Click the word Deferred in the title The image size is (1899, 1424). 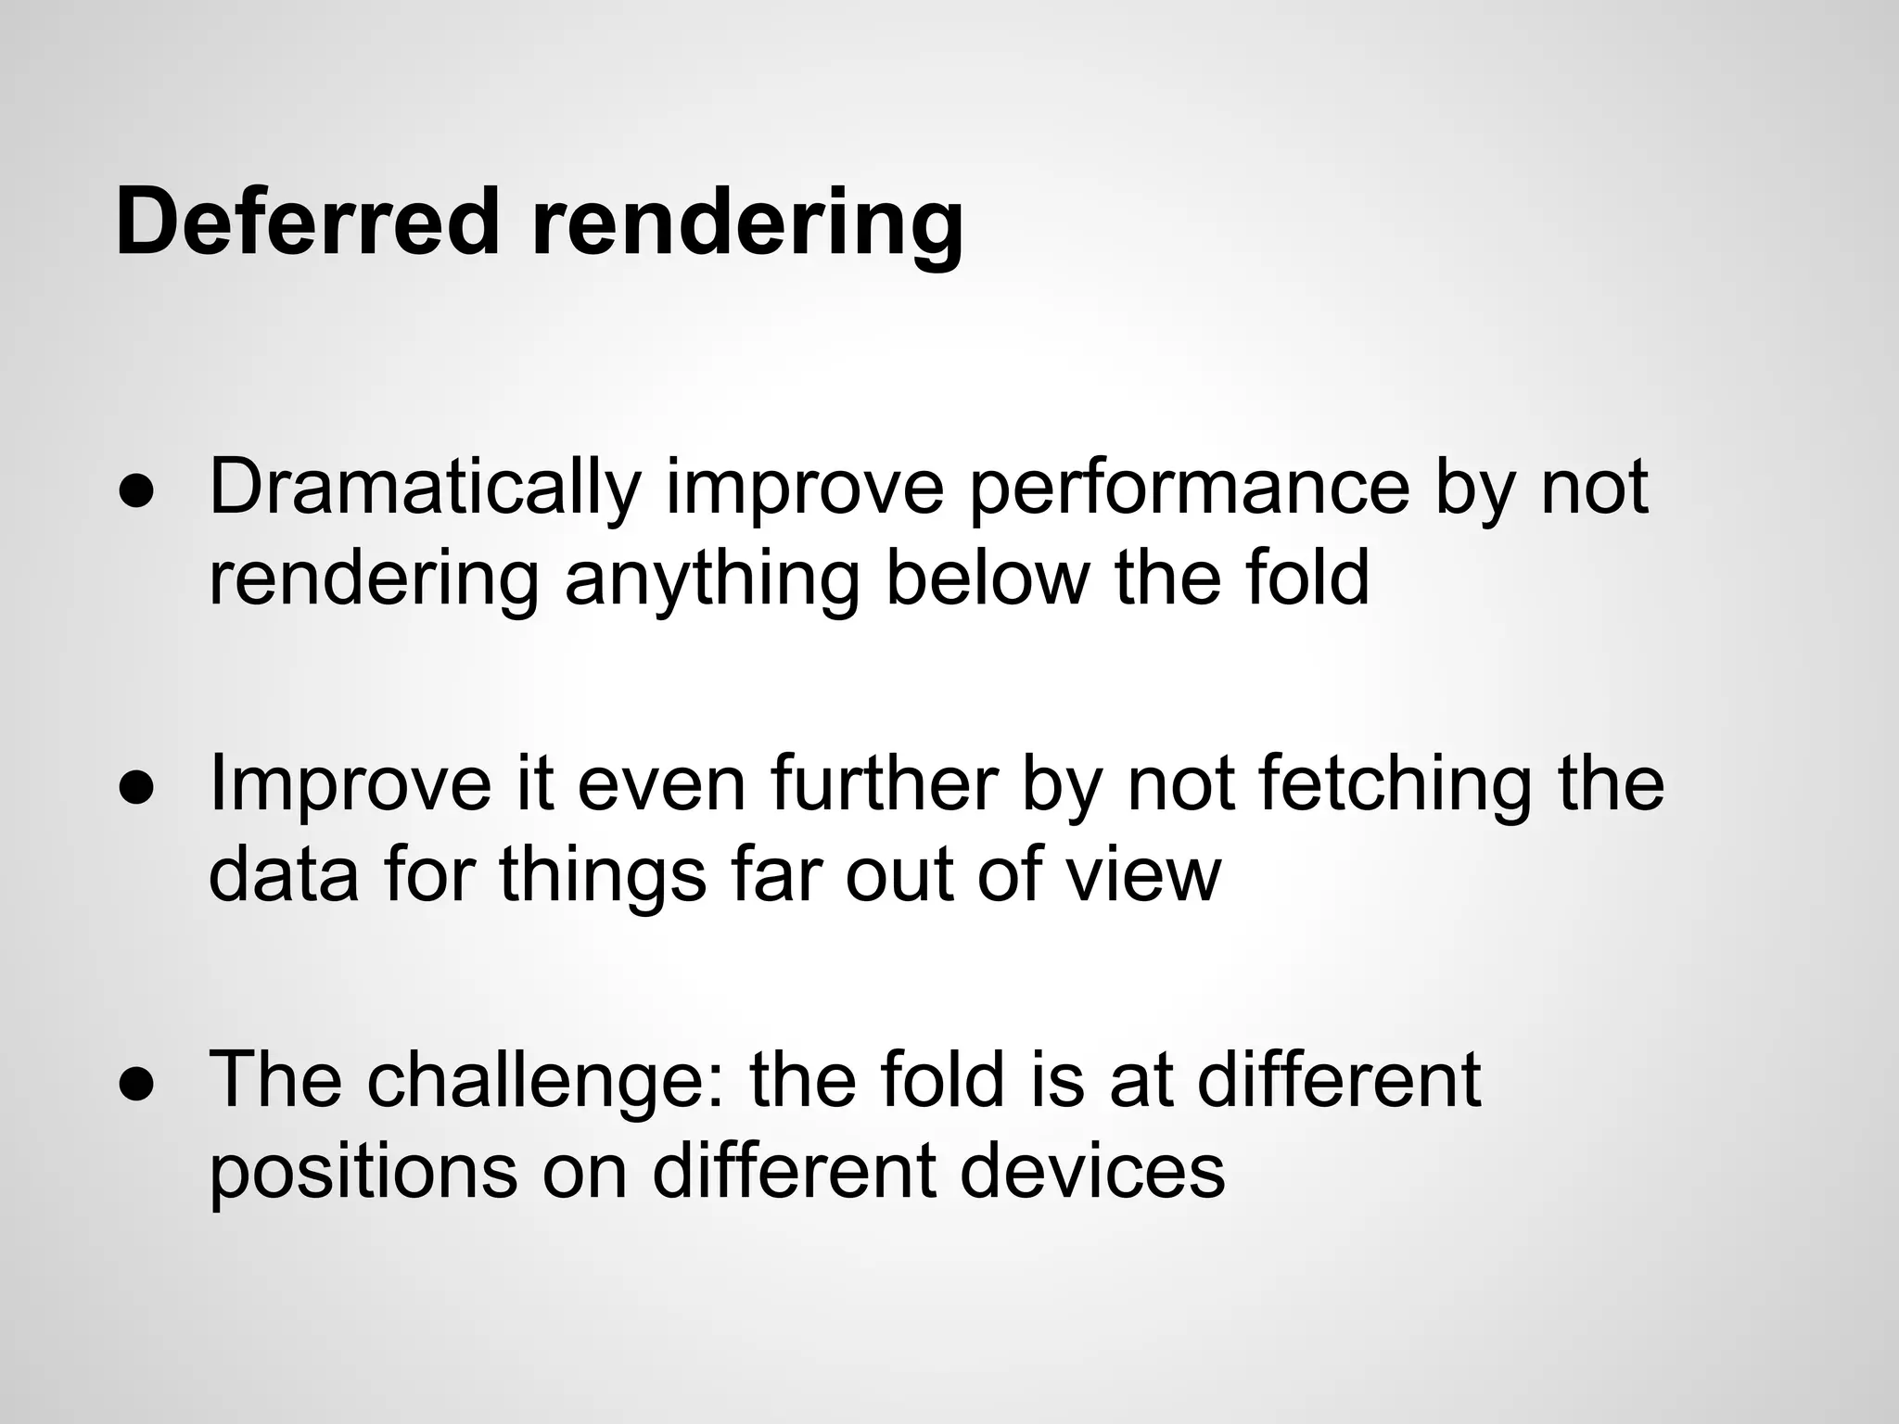[x=307, y=222]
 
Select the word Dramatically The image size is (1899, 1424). [x=425, y=489]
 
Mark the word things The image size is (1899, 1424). [x=603, y=876]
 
